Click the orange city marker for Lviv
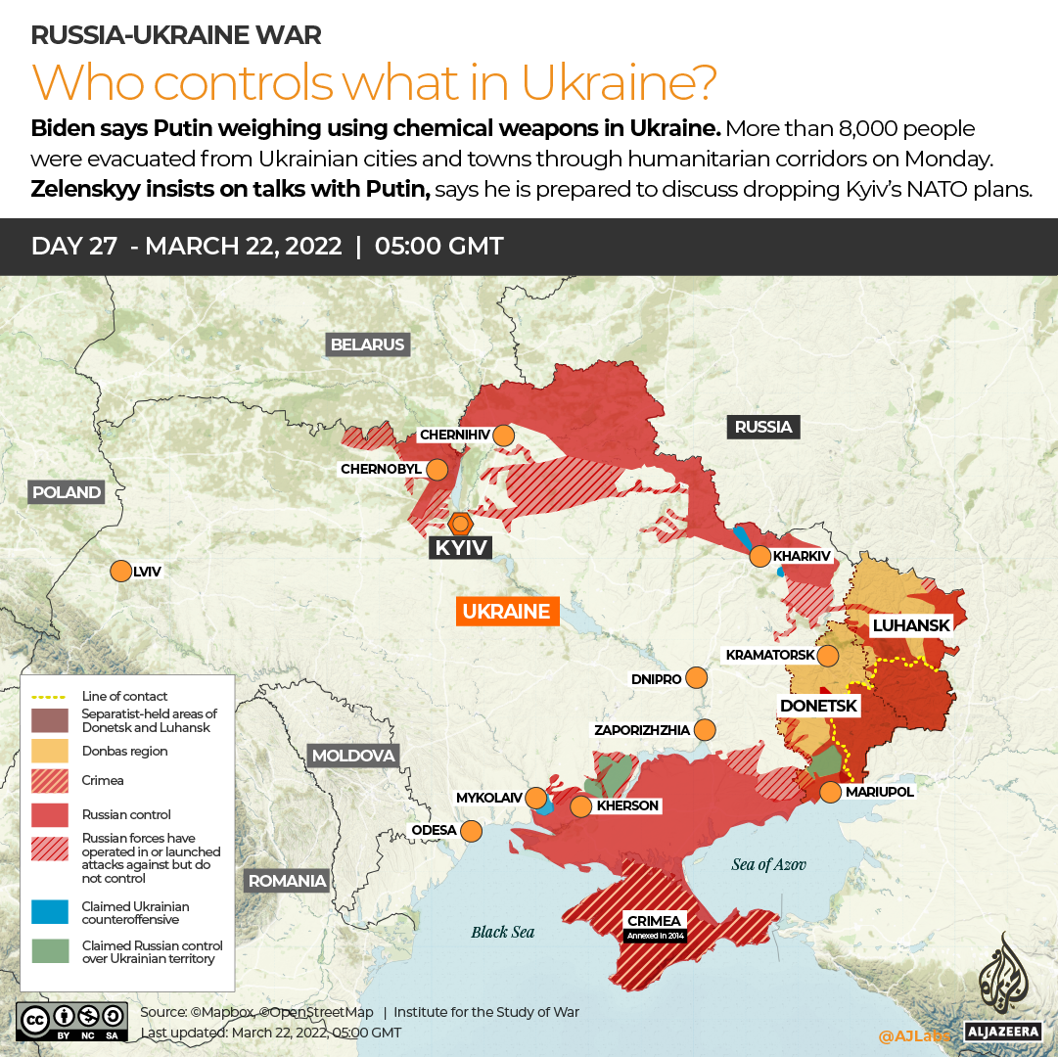point(120,571)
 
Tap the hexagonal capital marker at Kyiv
point(459,522)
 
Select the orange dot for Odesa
point(471,831)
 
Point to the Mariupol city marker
point(830,792)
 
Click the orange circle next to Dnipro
point(696,677)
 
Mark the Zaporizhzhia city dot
point(704,729)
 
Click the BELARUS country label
point(367,345)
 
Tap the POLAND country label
point(67,492)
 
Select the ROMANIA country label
point(287,880)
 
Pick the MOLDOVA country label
point(352,756)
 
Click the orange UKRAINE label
point(506,612)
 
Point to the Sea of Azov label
point(768,864)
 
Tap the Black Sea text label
point(502,932)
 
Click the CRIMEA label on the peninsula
point(655,921)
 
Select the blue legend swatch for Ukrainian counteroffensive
point(50,912)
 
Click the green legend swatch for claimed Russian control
point(50,951)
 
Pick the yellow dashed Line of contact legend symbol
point(50,696)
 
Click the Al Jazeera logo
point(999,988)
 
